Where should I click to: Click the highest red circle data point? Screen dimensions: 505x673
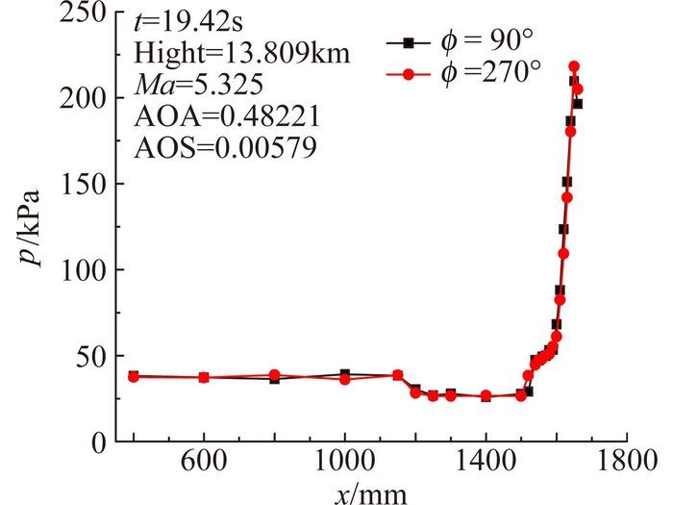[x=574, y=67]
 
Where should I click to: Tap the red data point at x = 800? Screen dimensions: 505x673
[x=274, y=375]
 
